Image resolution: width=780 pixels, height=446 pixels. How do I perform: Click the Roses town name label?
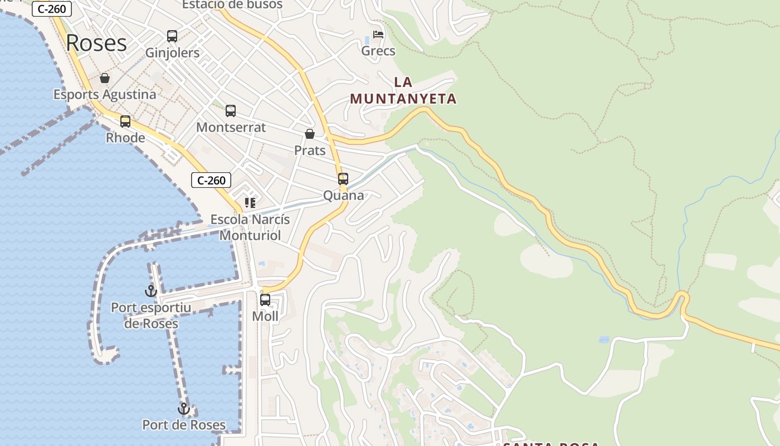point(96,43)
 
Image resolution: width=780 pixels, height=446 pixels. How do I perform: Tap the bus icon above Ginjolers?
point(172,36)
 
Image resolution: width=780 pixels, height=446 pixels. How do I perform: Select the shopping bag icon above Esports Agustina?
point(105,78)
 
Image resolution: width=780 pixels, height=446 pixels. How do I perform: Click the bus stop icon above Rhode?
point(125,121)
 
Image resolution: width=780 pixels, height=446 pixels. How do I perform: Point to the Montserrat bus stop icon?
point(231,111)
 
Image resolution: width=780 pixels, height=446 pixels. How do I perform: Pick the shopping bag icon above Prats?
point(310,134)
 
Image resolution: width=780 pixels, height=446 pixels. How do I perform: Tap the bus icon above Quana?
point(343,179)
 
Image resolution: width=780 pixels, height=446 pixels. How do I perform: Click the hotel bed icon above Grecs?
point(378,35)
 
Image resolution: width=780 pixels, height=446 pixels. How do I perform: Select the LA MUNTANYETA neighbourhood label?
point(403,90)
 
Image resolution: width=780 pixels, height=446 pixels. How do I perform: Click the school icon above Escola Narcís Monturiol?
point(250,203)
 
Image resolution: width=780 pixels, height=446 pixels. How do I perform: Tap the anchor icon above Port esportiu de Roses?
point(151,290)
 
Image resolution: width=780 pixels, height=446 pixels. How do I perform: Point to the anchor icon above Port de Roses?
point(184,409)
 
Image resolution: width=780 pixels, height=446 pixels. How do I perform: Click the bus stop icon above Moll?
point(265,300)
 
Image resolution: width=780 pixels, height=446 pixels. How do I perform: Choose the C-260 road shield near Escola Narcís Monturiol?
point(211,180)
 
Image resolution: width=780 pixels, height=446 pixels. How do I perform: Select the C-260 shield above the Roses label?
point(52,9)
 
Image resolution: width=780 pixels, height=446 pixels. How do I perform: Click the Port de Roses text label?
point(184,425)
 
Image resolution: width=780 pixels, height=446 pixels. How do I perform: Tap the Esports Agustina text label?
point(105,94)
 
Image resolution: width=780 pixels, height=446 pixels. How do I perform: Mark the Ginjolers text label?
point(172,53)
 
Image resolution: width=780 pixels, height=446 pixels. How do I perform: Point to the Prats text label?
point(310,151)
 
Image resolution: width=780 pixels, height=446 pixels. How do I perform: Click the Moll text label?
point(265,316)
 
